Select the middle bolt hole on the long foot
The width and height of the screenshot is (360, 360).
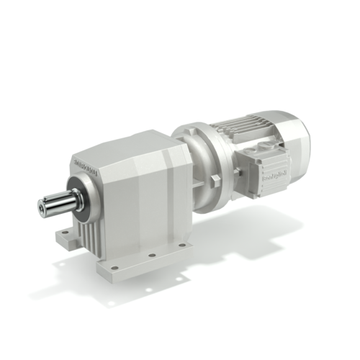[153, 254]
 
